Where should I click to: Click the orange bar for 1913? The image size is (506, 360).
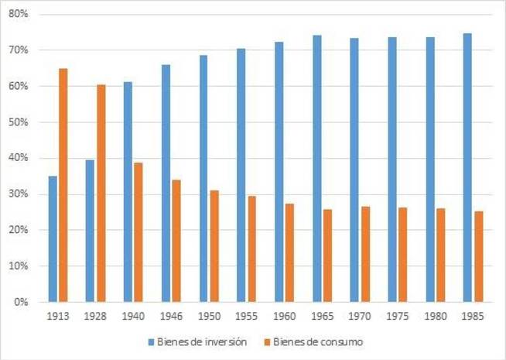pyautogui.click(x=63, y=185)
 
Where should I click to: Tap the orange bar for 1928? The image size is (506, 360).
pyautogui.click(x=101, y=193)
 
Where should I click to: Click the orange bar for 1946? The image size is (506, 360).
pyautogui.click(x=176, y=241)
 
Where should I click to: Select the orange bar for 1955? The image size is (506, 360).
pyautogui.click(x=251, y=249)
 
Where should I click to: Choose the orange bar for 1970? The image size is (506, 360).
pyautogui.click(x=364, y=254)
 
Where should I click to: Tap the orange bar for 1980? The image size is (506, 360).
pyautogui.click(x=440, y=255)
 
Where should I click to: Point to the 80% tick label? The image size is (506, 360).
pyautogui.click(x=18, y=15)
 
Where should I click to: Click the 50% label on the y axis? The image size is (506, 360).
pyautogui.click(x=18, y=122)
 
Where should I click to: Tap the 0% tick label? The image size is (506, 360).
pyautogui.click(x=20, y=302)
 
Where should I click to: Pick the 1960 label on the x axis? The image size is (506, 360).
pyautogui.click(x=284, y=317)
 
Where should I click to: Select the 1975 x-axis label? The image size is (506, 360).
pyautogui.click(x=398, y=317)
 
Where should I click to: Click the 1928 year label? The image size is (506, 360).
pyautogui.click(x=95, y=317)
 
